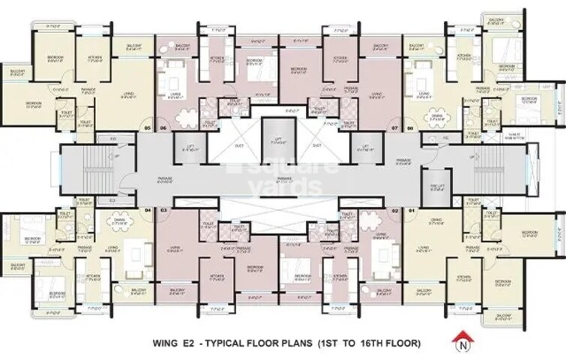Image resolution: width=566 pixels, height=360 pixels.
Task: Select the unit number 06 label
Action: pos(163,127)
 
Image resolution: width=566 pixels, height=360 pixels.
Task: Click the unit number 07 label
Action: pos(394,127)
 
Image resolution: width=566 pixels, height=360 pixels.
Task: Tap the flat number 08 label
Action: pos(409,127)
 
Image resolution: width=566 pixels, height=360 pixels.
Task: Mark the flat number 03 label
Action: pos(163,212)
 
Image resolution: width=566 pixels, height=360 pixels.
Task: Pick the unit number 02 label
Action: pos(394,212)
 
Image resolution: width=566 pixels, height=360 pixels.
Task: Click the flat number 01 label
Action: pos(409,212)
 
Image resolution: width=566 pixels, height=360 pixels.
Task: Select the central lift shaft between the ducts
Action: pos(278,140)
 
